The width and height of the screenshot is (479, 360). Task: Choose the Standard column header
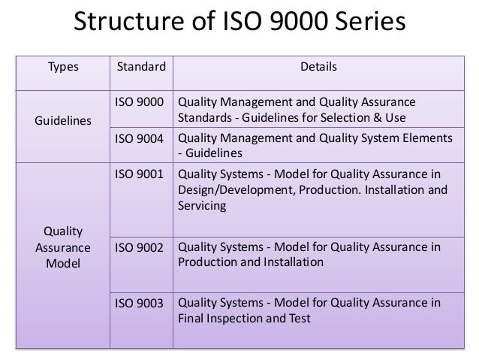(x=140, y=68)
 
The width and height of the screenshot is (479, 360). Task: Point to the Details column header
(x=319, y=68)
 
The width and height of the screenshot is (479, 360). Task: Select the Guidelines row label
(x=62, y=120)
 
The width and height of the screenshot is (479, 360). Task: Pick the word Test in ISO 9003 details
(x=300, y=319)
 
